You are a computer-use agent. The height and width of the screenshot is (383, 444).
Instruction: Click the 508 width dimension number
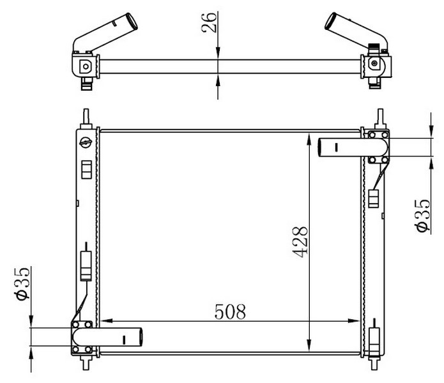click(230, 312)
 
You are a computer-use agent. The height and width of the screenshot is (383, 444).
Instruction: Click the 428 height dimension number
click(300, 242)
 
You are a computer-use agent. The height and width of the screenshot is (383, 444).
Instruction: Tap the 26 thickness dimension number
click(209, 22)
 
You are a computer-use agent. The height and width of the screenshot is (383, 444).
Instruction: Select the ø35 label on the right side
click(423, 216)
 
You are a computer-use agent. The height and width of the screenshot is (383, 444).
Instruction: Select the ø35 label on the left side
click(22, 283)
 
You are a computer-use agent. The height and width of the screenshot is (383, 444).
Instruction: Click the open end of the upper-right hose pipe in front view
click(320, 147)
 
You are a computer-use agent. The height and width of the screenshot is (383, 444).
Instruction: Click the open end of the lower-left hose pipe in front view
click(141, 337)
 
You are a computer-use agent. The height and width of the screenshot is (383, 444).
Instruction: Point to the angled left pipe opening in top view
click(132, 21)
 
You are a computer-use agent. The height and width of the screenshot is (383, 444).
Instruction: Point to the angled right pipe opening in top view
click(330, 21)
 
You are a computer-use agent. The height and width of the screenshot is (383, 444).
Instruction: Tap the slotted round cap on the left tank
click(86, 142)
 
